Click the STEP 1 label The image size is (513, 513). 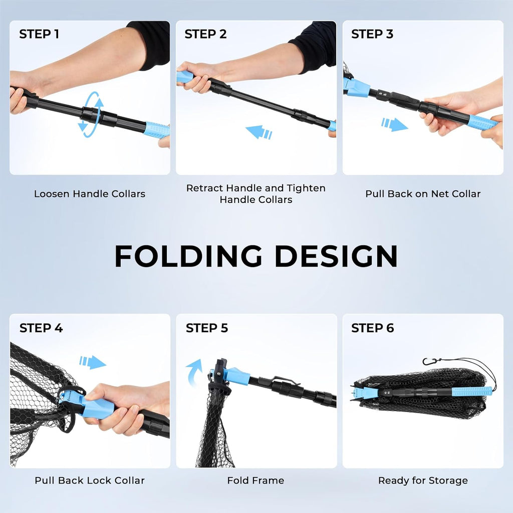point(39,34)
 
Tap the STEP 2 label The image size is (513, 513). point(205,34)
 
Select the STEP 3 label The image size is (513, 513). point(372,34)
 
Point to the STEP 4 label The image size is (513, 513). point(41,328)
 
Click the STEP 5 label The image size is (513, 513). point(207,328)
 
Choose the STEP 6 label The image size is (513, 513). point(372,328)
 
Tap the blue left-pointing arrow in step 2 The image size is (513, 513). point(259,132)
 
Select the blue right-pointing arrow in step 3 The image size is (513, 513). point(395,124)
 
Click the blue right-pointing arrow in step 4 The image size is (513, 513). point(93,362)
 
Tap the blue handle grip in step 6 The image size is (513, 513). point(472,391)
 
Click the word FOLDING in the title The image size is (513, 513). point(188,256)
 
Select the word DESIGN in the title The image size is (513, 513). point(336,256)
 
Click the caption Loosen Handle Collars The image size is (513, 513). point(90,194)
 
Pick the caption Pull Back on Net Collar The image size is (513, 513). point(423,194)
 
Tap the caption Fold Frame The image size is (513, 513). point(256,480)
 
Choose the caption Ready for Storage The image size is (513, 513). point(423,480)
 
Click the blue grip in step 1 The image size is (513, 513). point(157,130)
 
